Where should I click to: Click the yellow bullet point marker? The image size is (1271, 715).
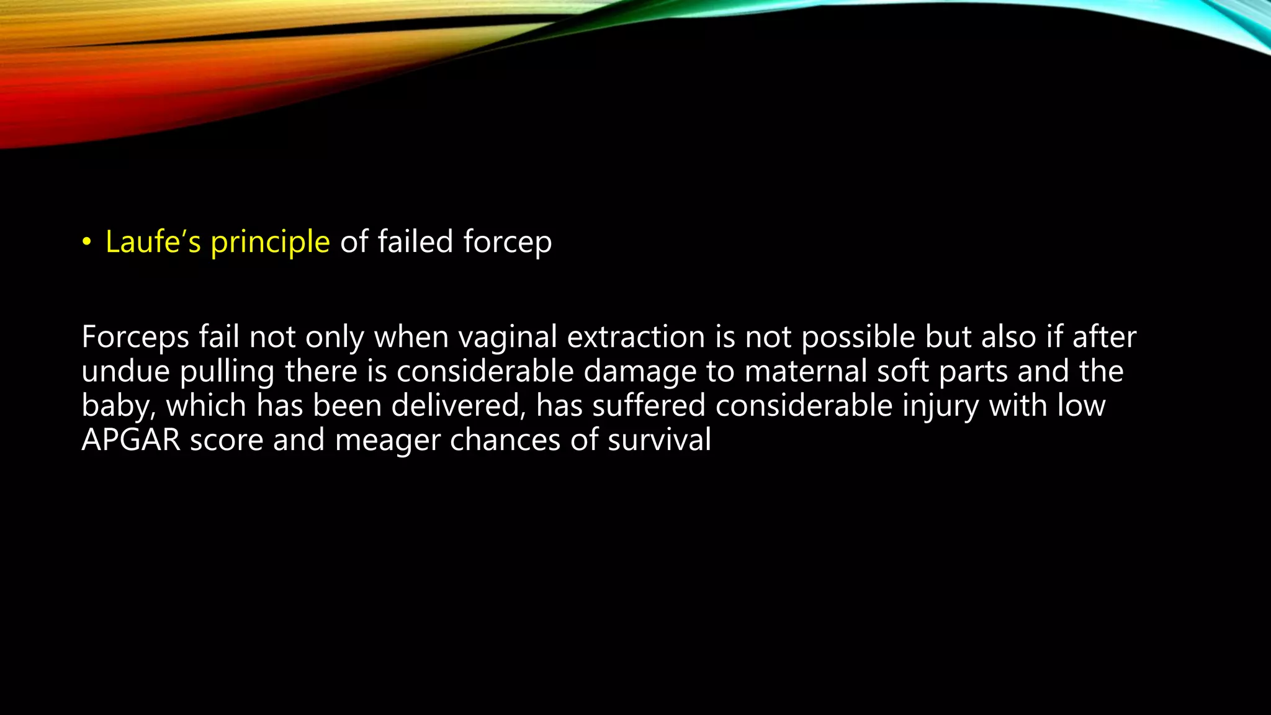tap(86, 242)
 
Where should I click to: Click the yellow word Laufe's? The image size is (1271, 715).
tap(153, 241)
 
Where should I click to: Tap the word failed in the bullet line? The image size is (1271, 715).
tap(415, 241)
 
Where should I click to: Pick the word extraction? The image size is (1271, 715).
tap(635, 337)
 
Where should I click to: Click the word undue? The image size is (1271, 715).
tap(125, 372)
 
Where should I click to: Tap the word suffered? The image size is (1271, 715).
tap(648, 406)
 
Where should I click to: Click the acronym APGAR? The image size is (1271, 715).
tap(131, 440)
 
